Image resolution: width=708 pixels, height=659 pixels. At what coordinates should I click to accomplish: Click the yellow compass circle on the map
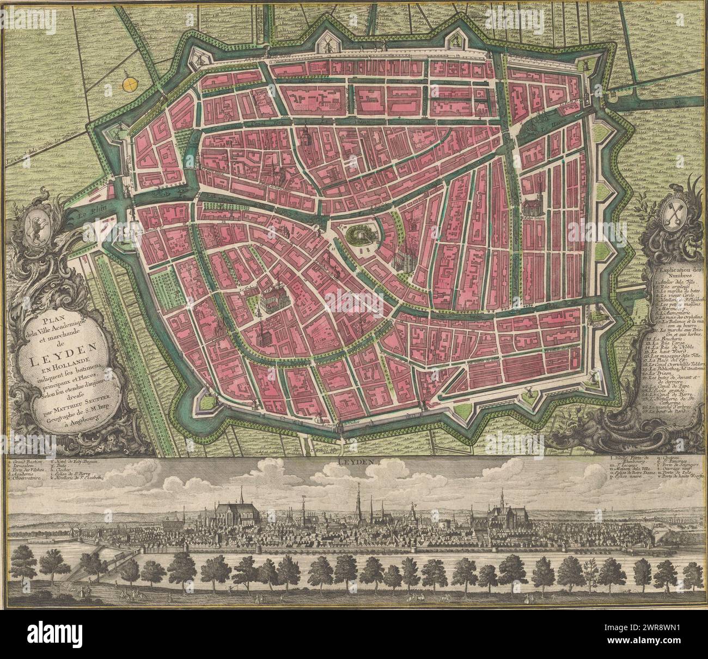tap(131, 83)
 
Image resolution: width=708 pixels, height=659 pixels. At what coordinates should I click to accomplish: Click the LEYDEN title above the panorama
tap(353, 461)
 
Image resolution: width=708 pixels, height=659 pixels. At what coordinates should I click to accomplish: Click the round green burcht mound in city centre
tap(361, 235)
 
